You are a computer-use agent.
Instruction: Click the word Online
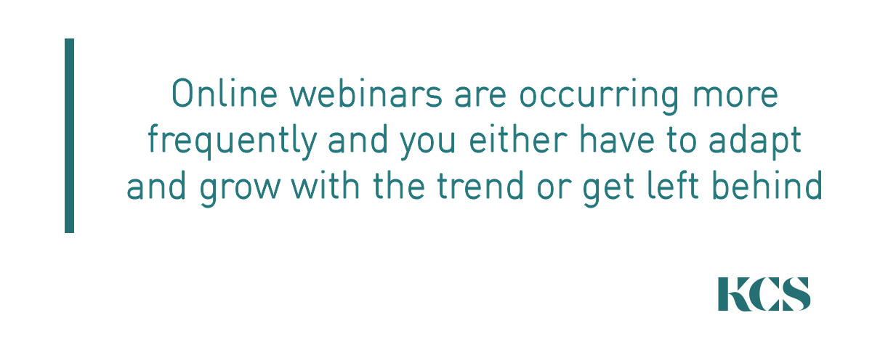click(x=225, y=94)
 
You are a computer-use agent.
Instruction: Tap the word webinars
click(x=366, y=94)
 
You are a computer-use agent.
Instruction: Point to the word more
click(x=735, y=97)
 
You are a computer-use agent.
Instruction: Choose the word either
click(x=518, y=139)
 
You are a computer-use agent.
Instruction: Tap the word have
click(x=617, y=139)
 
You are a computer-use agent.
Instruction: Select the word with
click(x=326, y=186)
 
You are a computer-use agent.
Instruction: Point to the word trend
click(x=480, y=186)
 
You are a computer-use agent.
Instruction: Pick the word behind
click(x=767, y=186)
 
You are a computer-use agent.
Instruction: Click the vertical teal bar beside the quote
click(x=69, y=135)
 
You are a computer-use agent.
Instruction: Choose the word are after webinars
click(x=480, y=97)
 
